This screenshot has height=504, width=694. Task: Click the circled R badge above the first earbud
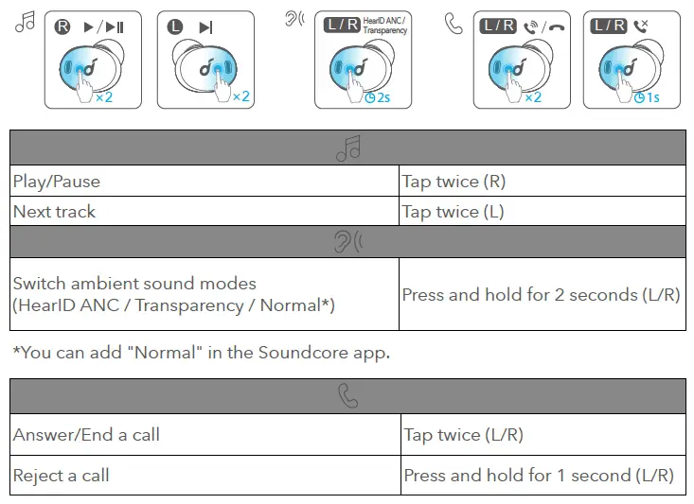(63, 26)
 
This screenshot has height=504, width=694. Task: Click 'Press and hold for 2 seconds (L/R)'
(541, 294)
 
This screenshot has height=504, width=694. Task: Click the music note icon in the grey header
(347, 148)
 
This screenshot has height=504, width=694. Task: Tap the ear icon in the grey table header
(347, 242)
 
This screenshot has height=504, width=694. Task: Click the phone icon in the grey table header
(347, 396)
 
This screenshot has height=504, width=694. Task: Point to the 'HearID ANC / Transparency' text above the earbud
(384, 26)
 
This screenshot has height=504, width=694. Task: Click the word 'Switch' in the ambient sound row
(39, 283)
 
